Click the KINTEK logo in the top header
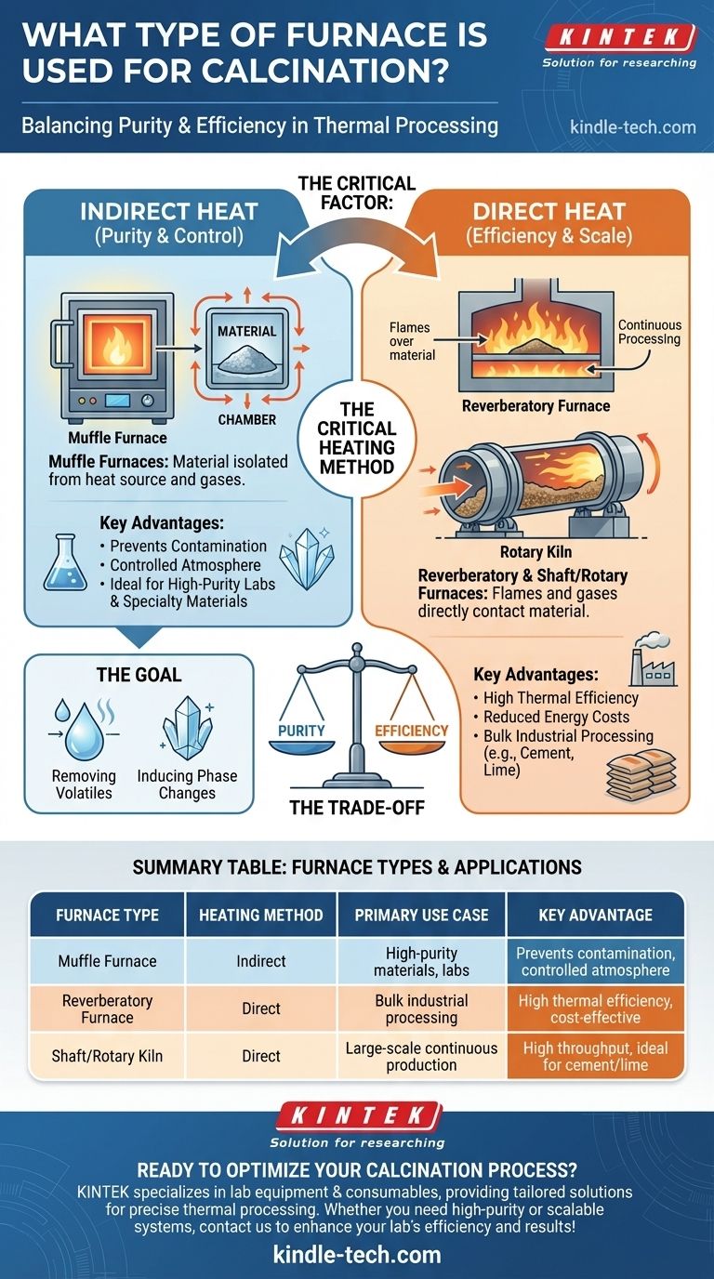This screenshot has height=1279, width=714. click(x=620, y=38)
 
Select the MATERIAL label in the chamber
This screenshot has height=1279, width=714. click(x=246, y=331)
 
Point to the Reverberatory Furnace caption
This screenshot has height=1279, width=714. click(x=535, y=406)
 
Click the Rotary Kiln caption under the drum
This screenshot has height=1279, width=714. click(x=535, y=552)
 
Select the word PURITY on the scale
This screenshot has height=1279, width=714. click(x=301, y=731)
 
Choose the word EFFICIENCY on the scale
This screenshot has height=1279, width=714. click(x=411, y=731)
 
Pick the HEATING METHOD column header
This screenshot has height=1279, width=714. click(x=261, y=916)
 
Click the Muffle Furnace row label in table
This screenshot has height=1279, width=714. click(x=108, y=961)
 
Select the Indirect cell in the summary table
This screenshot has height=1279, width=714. click(x=261, y=961)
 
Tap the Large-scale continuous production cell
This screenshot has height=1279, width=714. click(x=421, y=1056)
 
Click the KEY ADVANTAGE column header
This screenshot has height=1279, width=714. click(x=595, y=916)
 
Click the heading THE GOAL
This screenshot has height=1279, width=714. click(x=139, y=675)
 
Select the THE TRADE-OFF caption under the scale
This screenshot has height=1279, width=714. click(x=357, y=808)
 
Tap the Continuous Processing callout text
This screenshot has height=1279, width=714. click(x=650, y=333)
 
